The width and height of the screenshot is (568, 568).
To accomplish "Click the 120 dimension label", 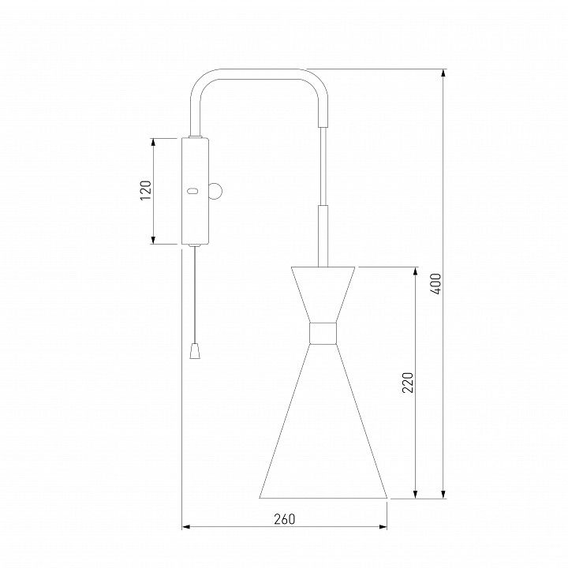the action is tap(146, 191).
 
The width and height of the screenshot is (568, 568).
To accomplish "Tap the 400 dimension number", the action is tap(436, 284).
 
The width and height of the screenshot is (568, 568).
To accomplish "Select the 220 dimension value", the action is tap(408, 383).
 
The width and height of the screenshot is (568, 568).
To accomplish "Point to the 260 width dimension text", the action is tap(285, 519).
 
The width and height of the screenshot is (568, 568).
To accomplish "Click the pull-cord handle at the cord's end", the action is tap(195, 351).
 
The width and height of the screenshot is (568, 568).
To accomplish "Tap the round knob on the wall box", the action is tap(215, 191).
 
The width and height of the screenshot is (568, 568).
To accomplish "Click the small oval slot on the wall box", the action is tap(192, 191).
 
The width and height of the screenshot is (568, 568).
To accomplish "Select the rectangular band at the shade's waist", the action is tap(323, 333).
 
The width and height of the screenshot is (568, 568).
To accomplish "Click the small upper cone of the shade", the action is tap(323, 294).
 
